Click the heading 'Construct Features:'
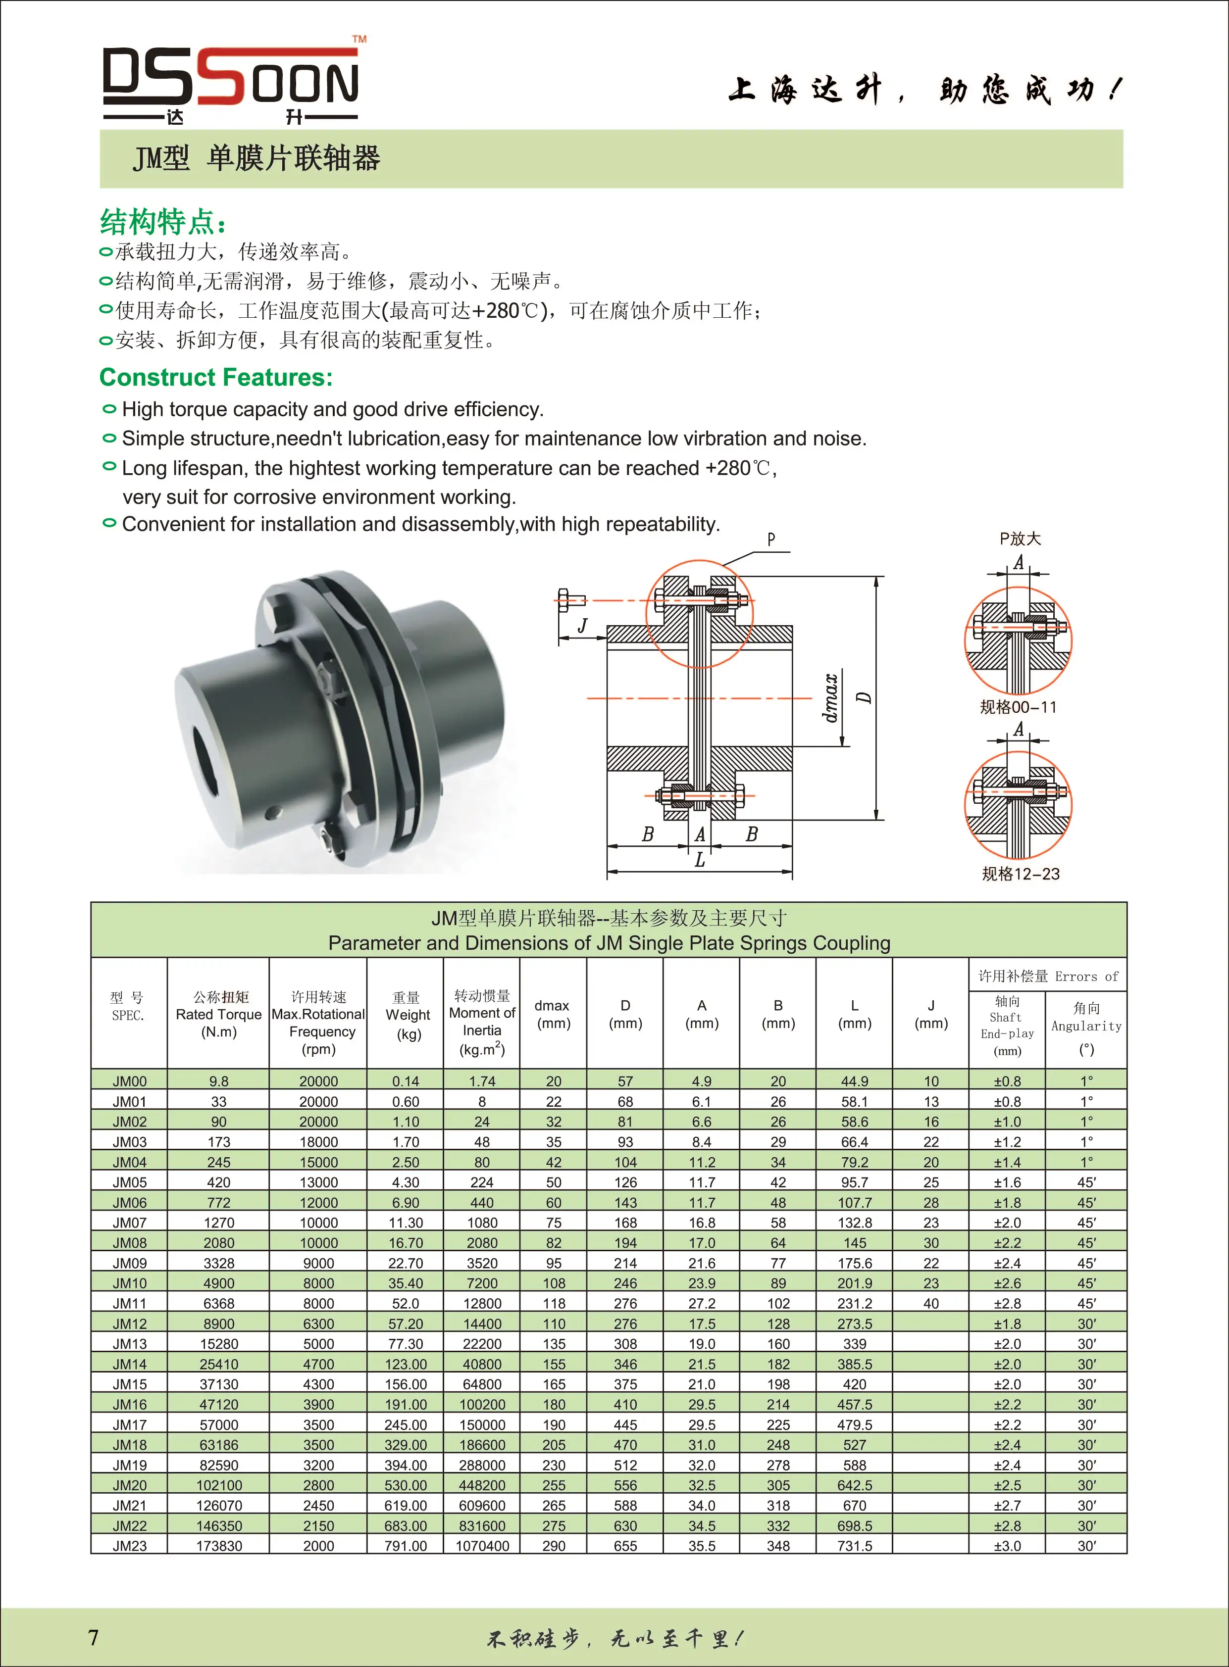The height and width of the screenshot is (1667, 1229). click(216, 378)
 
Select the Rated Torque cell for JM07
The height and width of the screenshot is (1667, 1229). click(219, 1223)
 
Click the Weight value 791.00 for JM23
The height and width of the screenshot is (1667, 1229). click(406, 1546)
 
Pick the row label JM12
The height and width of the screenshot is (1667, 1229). click(129, 1324)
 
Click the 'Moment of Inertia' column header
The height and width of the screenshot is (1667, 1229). click(482, 1023)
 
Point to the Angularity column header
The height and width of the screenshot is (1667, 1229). click(1086, 1026)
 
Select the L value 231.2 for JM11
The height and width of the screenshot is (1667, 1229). click(854, 1303)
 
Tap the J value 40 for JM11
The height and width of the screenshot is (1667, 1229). click(931, 1303)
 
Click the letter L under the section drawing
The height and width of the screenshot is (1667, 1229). click(699, 860)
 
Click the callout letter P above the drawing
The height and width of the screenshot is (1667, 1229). click(771, 539)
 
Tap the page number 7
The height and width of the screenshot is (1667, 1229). click(93, 1637)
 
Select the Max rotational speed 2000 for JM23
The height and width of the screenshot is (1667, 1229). click(318, 1546)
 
